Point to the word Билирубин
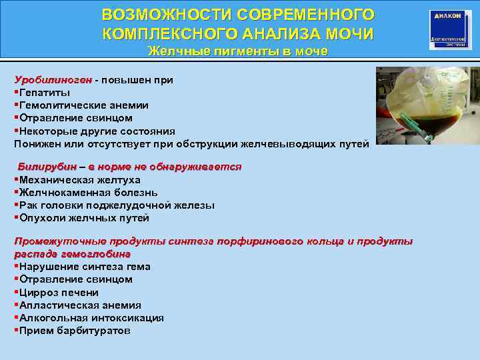[47, 167]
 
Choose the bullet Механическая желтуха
[79, 180]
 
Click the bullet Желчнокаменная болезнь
[86, 193]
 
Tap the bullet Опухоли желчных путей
[84, 218]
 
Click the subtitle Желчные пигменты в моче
[238, 51]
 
